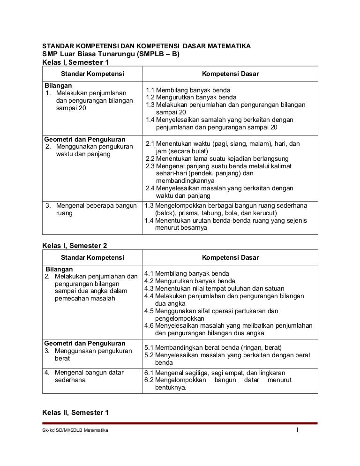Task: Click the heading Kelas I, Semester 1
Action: coord(75,62)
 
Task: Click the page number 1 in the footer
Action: coord(297,430)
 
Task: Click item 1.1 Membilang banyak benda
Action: coord(187,90)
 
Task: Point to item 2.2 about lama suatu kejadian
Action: coord(217,158)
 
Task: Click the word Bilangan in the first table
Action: coord(58,86)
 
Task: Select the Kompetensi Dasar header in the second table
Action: coord(230,257)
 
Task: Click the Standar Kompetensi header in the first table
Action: coord(92,74)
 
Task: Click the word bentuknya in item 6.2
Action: coord(171,388)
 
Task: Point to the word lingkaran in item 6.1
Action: coord(270,373)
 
